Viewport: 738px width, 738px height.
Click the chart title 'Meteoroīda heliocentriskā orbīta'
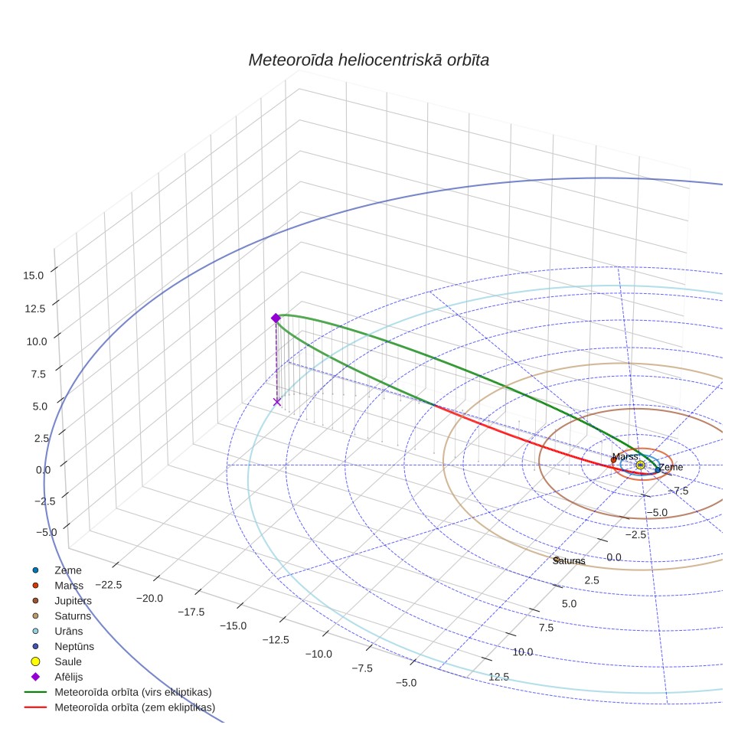[x=368, y=60]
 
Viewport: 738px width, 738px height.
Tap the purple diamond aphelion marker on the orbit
[x=276, y=318]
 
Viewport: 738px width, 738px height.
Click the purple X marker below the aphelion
[x=277, y=401]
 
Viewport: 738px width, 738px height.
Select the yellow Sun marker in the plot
[x=640, y=465]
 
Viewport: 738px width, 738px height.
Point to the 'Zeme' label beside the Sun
[x=671, y=467]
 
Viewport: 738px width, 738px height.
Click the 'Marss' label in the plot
[x=625, y=456]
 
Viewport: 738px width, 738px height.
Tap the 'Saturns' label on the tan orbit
[x=569, y=560]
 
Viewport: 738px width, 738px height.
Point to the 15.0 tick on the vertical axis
[x=34, y=276]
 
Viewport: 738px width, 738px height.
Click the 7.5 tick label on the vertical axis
[x=38, y=374]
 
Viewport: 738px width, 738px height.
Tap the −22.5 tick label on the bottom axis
[x=109, y=585]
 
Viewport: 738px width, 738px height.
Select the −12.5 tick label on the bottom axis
[x=276, y=640]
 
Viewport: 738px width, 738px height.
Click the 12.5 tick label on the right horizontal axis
[x=499, y=677]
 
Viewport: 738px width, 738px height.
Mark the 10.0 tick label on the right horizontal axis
[x=523, y=651]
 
